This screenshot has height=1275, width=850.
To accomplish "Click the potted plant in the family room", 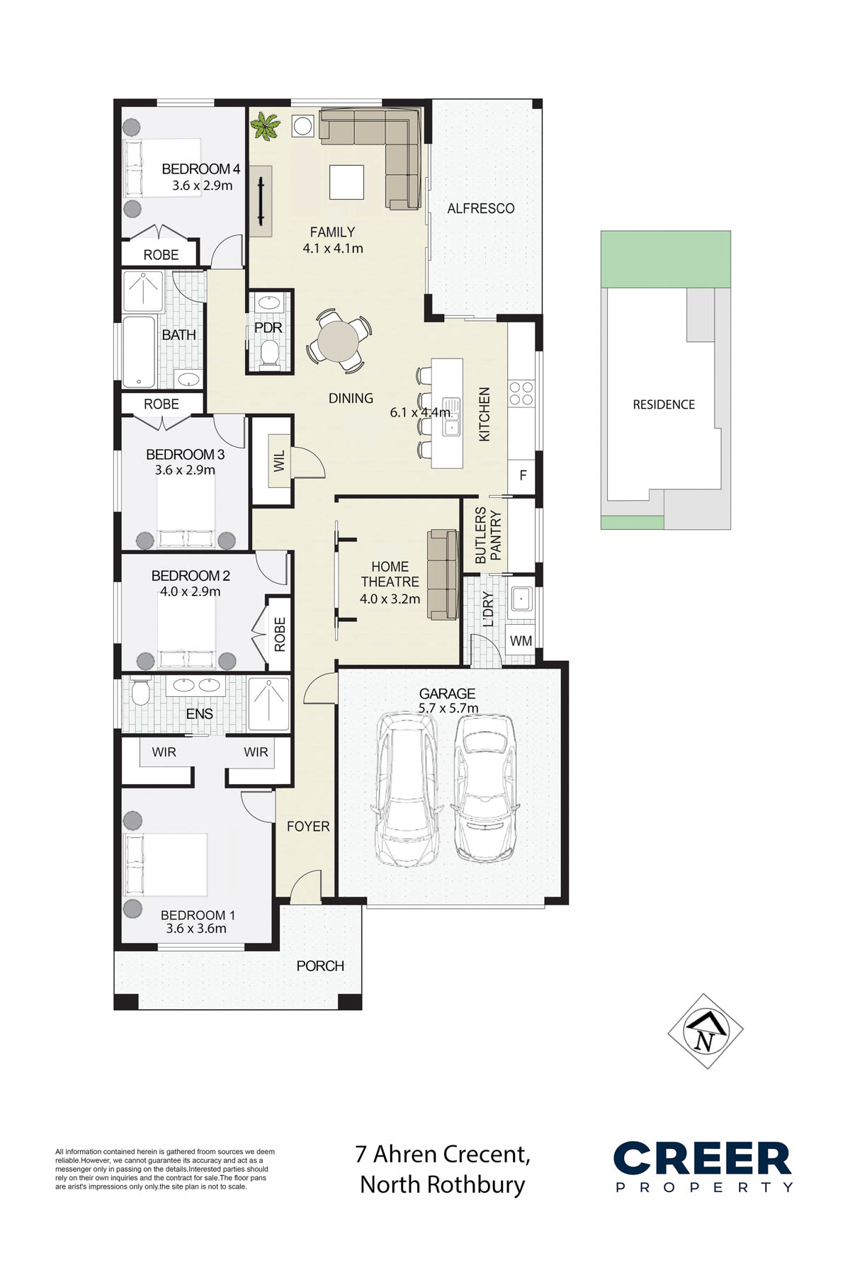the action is click(266, 126).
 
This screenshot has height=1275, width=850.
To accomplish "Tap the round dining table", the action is click(339, 341).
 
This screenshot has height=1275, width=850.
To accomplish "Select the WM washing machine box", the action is click(521, 641).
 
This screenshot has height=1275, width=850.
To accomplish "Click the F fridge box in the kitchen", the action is click(523, 475).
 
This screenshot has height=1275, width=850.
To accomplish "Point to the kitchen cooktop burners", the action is click(522, 393).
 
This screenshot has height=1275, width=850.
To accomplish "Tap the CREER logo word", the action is click(702, 1159).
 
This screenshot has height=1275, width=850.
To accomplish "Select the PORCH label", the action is click(320, 966).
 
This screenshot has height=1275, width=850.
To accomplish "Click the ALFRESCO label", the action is click(481, 208).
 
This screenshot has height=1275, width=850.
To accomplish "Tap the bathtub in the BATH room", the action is click(139, 351).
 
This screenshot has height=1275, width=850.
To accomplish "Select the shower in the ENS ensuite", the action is click(269, 704).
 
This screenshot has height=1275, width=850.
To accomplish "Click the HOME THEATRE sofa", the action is click(442, 574).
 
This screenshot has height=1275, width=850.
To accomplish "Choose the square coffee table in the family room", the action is click(346, 183).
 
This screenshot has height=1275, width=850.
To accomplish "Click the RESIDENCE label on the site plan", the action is click(664, 404).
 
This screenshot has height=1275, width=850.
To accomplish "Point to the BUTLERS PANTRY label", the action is click(489, 535).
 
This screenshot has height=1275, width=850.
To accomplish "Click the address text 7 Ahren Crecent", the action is click(443, 1154).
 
